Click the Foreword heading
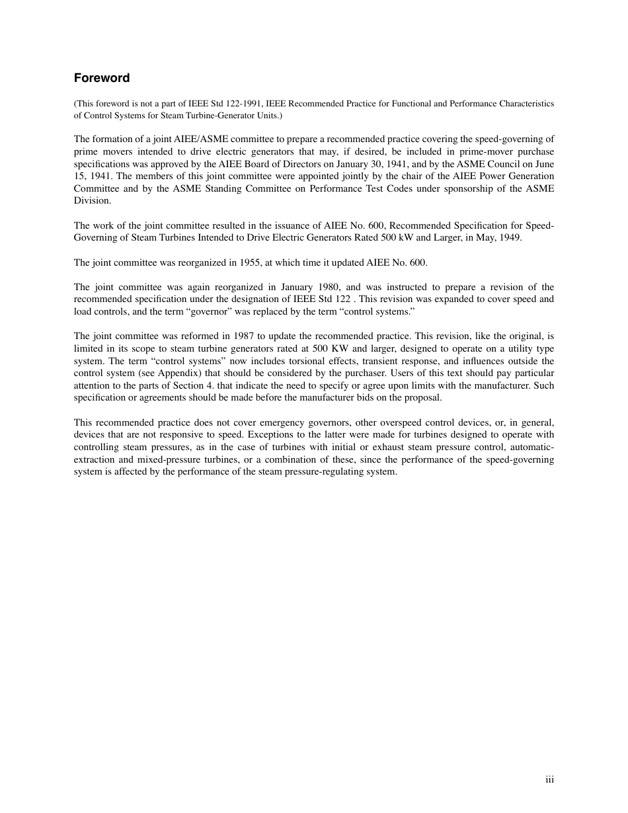pos(102,78)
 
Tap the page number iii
pos(549,780)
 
